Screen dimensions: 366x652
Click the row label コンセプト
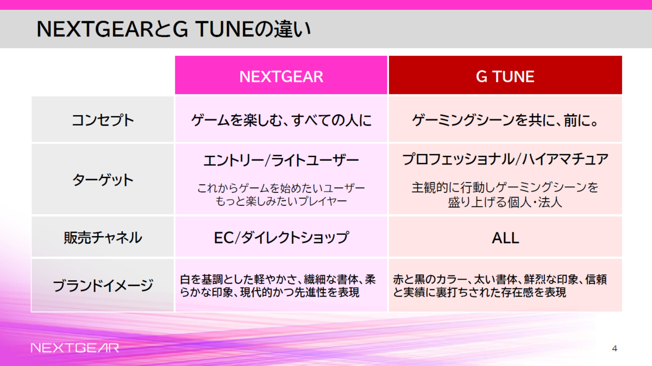(x=103, y=120)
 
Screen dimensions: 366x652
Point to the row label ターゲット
(x=103, y=180)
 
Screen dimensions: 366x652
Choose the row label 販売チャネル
(x=103, y=237)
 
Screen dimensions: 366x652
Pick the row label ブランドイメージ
(x=103, y=286)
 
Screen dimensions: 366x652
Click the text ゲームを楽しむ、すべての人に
(x=281, y=120)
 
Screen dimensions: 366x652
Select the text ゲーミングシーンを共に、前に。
(x=505, y=120)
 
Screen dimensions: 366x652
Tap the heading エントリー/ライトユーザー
(x=281, y=161)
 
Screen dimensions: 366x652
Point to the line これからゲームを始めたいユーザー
(x=281, y=188)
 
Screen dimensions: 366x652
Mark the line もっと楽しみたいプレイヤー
(x=281, y=202)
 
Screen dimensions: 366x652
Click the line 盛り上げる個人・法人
(x=505, y=203)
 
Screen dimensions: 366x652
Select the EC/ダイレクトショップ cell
(x=281, y=237)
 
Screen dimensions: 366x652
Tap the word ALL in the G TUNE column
(x=505, y=238)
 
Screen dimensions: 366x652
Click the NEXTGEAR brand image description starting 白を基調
(x=278, y=286)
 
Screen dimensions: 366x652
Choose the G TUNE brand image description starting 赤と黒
(x=500, y=286)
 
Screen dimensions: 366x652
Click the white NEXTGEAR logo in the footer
(x=74, y=348)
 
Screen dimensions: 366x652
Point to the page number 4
(x=615, y=348)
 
